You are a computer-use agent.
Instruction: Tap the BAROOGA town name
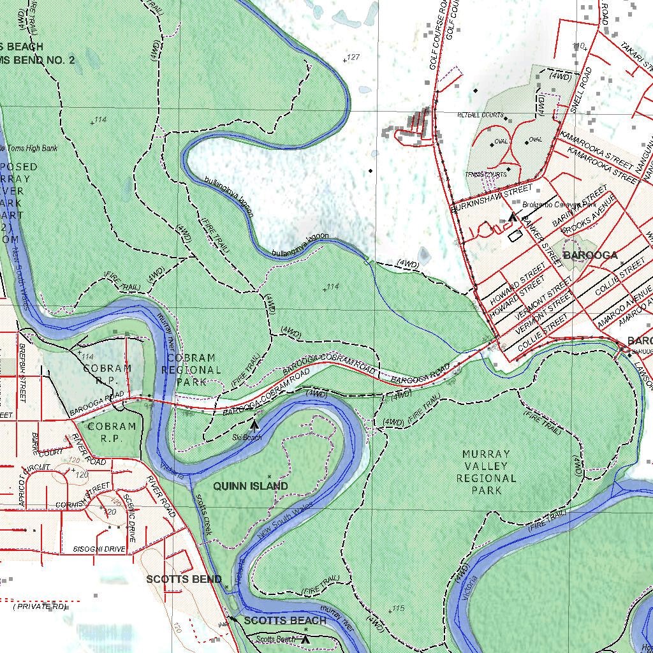tap(590, 255)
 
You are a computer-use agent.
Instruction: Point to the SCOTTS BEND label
tap(184, 579)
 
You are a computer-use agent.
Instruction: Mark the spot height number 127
tap(353, 57)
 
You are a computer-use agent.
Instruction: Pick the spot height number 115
tap(398, 608)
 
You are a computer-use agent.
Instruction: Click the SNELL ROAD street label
tap(582, 89)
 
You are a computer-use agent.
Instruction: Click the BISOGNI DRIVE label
tap(99, 549)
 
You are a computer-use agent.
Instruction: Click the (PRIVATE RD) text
tap(40, 606)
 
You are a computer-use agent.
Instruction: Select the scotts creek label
tap(203, 513)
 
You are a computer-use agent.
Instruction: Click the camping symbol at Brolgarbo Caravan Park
tap(513, 217)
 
